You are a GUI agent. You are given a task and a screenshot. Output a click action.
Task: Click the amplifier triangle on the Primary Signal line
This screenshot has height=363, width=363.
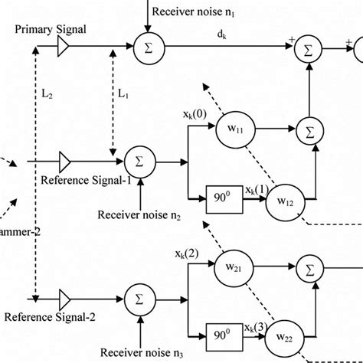(64, 47)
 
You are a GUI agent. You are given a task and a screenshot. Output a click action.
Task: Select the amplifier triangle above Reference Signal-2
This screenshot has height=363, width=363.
(64, 297)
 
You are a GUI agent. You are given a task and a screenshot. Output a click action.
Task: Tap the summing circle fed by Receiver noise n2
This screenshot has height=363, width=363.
(140, 162)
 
